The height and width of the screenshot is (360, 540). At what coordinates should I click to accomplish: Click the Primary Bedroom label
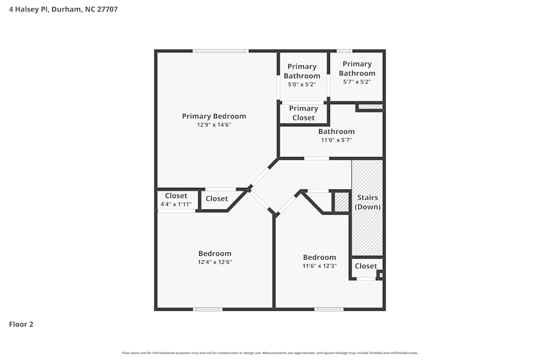tap(214, 116)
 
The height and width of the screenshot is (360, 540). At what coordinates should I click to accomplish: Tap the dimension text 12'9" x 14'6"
tap(214, 125)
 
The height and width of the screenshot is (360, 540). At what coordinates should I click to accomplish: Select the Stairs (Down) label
tap(368, 202)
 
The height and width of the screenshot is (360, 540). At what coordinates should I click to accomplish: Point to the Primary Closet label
tap(303, 113)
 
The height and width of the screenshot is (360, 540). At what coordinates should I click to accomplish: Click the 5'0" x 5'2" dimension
tap(302, 85)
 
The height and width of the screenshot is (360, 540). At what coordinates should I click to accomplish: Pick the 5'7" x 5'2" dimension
tap(357, 82)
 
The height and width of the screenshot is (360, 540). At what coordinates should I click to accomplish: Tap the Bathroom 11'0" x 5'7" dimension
tap(336, 140)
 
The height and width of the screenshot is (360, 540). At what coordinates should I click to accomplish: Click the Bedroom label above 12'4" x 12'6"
tap(214, 254)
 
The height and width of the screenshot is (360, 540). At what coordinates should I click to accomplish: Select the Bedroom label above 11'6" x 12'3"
tap(319, 257)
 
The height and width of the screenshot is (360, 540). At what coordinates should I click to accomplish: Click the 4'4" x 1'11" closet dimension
tap(176, 205)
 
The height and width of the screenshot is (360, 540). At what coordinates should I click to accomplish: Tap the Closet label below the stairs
tap(366, 266)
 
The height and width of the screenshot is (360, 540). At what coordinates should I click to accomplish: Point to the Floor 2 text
tap(21, 324)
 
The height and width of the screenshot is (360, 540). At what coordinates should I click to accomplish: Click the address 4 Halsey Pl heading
tap(63, 9)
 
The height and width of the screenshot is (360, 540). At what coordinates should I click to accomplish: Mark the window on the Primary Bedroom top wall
tap(221, 51)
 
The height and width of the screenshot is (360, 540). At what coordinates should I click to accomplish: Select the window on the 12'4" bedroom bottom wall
tap(208, 309)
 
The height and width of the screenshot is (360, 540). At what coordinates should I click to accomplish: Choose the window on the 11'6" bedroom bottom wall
tap(329, 309)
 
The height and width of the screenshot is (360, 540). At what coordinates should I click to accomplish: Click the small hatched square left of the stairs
tap(341, 202)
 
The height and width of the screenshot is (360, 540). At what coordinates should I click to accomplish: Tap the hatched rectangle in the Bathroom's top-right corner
tap(370, 107)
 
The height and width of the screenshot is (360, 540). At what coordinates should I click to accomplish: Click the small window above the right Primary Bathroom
tap(345, 51)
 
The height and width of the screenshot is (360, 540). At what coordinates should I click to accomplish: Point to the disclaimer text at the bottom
tap(270, 353)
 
